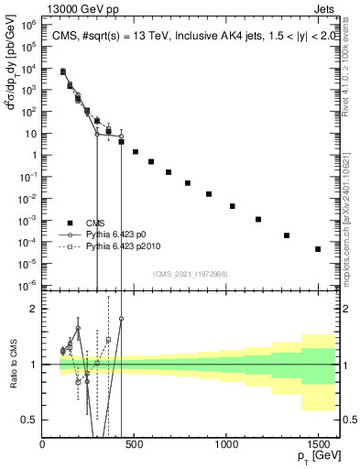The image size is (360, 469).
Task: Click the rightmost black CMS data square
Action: [318, 249]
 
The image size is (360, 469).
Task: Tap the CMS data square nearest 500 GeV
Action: [136, 152]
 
